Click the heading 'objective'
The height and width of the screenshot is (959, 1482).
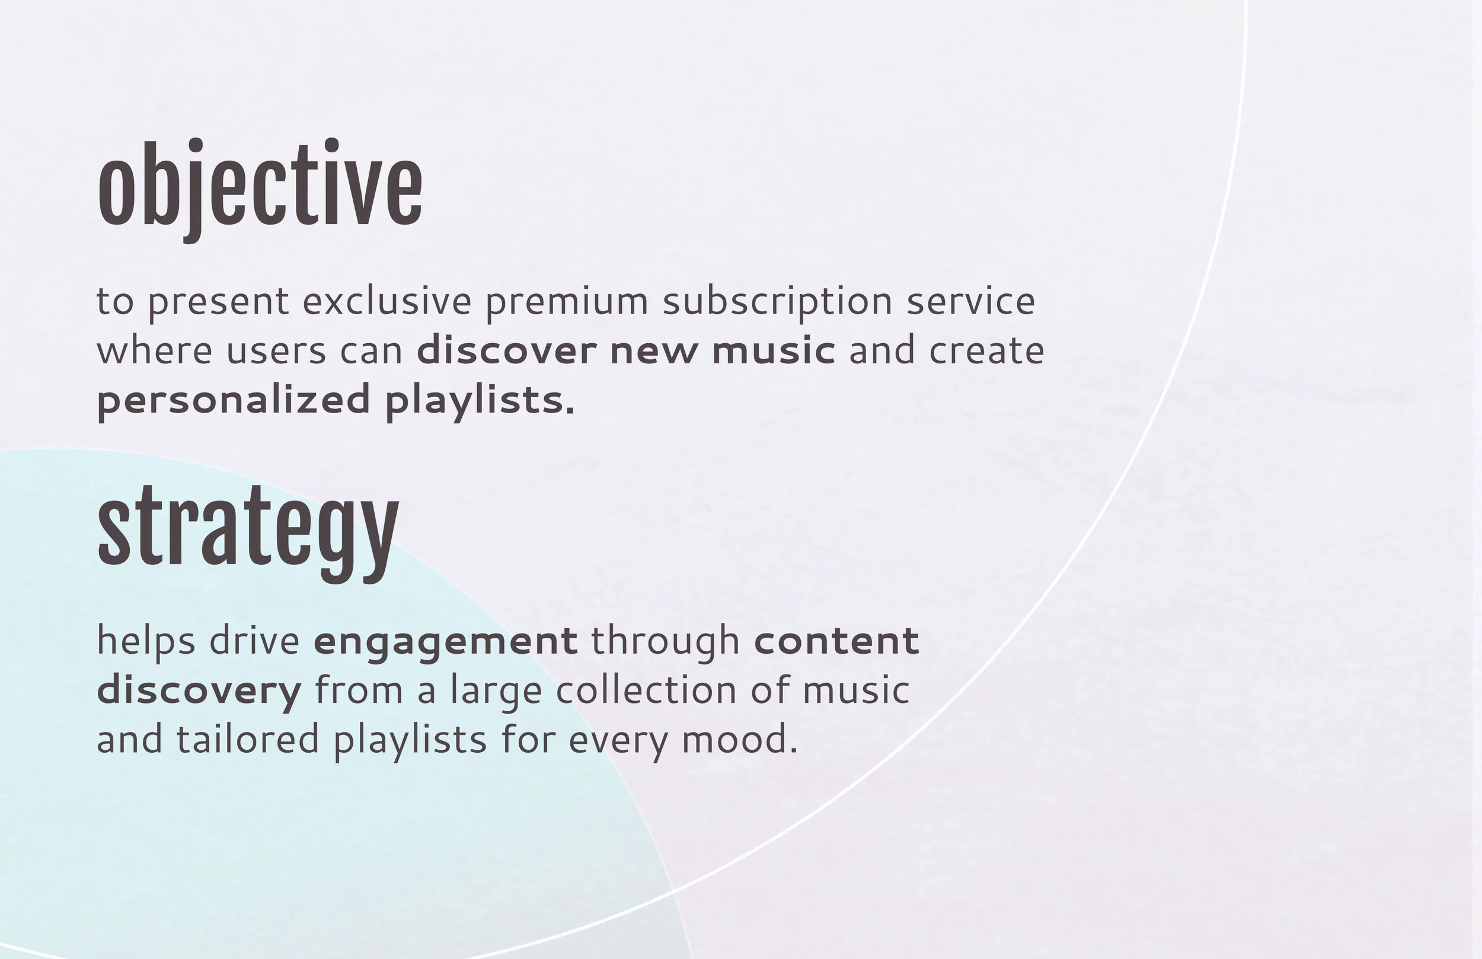(260, 187)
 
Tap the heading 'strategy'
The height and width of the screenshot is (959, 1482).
(248, 529)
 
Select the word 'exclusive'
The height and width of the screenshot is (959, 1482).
(387, 302)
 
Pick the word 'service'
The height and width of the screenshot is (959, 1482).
(970, 302)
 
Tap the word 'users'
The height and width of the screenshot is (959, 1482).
(276, 351)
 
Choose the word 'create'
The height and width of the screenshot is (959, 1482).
(986, 351)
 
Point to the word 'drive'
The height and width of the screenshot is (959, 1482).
(254, 641)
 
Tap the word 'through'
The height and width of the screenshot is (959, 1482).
(665, 642)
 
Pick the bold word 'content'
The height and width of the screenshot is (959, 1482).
(836, 641)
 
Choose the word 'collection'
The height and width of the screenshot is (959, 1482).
(646, 690)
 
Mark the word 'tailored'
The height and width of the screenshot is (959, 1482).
(248, 740)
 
